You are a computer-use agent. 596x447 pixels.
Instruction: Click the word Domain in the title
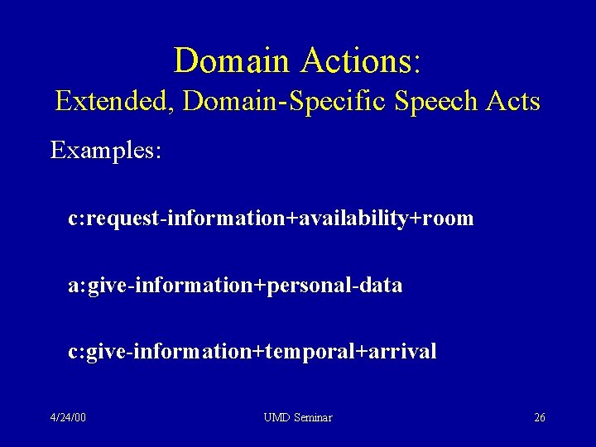229,60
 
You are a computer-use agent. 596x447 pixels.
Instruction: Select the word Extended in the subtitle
115,101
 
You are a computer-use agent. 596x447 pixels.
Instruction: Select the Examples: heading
105,151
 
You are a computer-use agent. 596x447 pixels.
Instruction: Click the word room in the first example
448,219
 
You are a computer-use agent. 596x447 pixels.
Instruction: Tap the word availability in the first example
357,219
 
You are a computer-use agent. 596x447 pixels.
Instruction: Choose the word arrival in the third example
401,352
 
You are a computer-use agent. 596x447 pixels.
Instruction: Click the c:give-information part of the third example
160,352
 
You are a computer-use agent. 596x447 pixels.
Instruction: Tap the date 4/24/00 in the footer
67,417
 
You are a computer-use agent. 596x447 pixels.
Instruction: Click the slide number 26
539,417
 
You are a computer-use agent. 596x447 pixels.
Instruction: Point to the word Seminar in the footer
313,417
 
